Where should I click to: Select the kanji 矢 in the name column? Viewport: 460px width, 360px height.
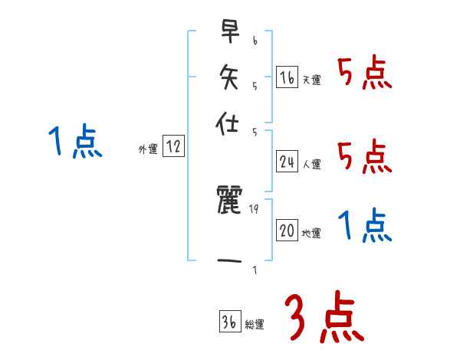click(229, 76)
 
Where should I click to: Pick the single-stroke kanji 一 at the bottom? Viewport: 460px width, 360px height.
click(229, 261)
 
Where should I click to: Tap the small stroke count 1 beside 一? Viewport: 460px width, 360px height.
click(254, 269)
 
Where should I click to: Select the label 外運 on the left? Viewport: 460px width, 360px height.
click(148, 149)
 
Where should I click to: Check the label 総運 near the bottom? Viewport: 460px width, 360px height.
click(255, 324)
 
